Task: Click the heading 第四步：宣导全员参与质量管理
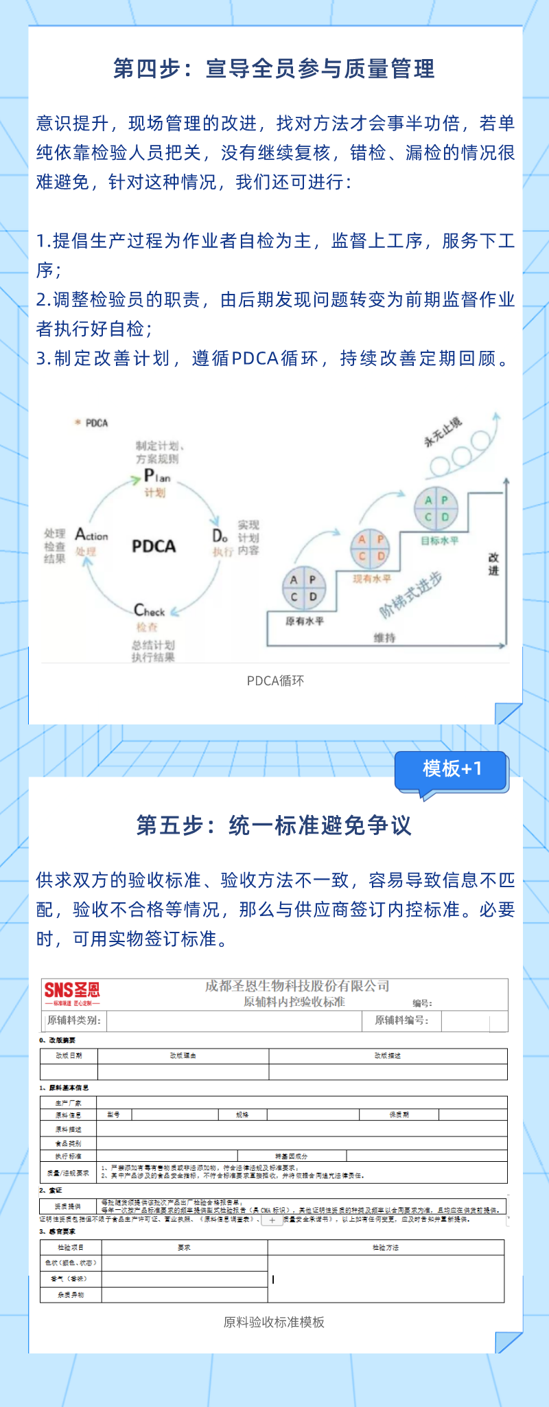(274, 69)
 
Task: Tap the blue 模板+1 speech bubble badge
(452, 769)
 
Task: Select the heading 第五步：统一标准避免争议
(274, 825)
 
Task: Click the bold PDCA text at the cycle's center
(154, 547)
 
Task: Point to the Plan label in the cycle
(156, 476)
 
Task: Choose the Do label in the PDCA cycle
(220, 536)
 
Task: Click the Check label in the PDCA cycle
(149, 610)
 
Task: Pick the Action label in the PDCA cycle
(91, 535)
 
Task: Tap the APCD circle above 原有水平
(303, 588)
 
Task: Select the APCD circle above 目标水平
(436, 509)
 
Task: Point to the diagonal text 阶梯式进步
(410, 595)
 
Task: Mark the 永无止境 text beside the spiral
(443, 432)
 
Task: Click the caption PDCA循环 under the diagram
(275, 680)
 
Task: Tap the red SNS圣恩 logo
(72, 992)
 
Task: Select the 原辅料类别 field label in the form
(73, 1020)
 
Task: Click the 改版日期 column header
(69, 1055)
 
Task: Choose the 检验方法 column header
(386, 1247)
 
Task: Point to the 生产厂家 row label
(68, 1103)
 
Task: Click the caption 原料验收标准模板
(274, 1322)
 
